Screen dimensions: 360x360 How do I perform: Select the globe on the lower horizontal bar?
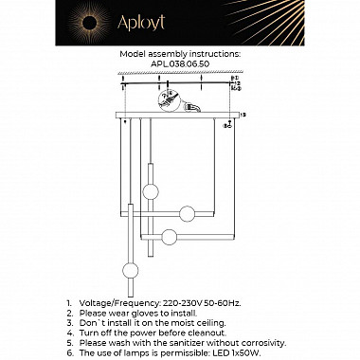coord(168,236)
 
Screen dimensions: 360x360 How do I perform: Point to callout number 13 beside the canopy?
coord(243,115)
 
